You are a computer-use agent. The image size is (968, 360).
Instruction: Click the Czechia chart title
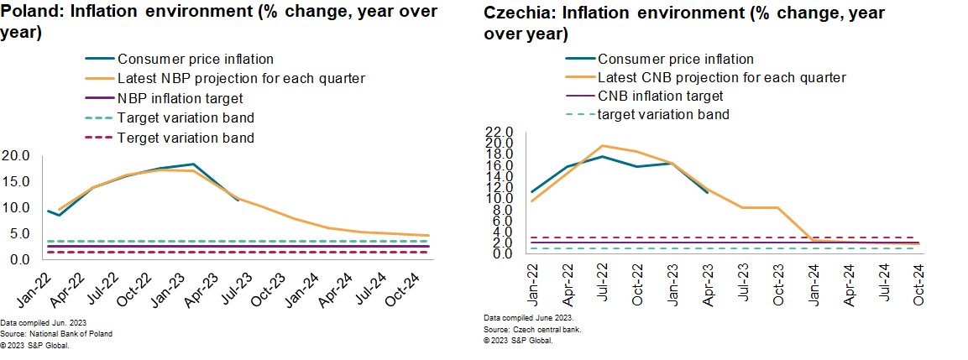coord(684,24)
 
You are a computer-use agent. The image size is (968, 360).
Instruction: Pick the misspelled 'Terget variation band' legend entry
coord(186,137)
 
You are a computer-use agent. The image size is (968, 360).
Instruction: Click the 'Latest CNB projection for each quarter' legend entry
coord(721,77)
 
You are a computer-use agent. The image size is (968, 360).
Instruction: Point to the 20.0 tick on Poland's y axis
coord(17,156)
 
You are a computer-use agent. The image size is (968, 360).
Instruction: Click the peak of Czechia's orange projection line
coord(602,145)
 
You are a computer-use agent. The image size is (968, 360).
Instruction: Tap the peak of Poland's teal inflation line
coord(194,164)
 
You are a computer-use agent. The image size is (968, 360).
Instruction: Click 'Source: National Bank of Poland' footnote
coord(56,333)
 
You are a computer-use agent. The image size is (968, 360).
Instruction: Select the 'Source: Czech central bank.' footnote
coord(532,330)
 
